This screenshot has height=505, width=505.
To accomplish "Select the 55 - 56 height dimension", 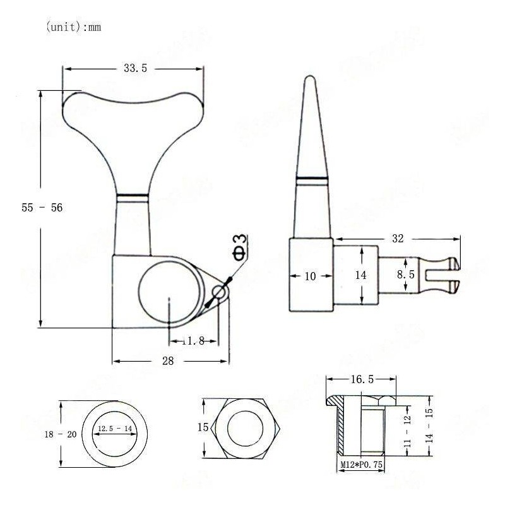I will pyautogui.click(x=42, y=207).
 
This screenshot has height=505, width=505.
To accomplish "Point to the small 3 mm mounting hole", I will pyautogui.click(x=219, y=292).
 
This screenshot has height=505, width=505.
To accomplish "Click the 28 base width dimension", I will pyautogui.click(x=169, y=360).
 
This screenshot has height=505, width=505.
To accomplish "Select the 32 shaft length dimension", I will pyautogui.click(x=398, y=239).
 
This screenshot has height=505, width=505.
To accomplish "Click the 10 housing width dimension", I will pyautogui.click(x=310, y=276).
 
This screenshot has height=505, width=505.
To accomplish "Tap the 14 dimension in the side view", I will pyautogui.click(x=360, y=275).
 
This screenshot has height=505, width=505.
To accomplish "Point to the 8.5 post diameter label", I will pyautogui.click(x=406, y=275).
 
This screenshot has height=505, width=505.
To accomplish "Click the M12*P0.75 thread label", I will pyautogui.click(x=360, y=465).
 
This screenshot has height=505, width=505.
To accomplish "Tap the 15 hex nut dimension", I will pyautogui.click(x=203, y=427).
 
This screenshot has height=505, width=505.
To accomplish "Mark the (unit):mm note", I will pyautogui.click(x=74, y=28).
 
